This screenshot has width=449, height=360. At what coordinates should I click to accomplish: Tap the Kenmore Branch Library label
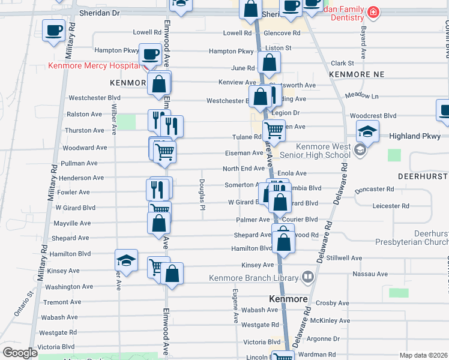[253, 278]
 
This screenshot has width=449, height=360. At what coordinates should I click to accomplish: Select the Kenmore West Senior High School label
[322, 151]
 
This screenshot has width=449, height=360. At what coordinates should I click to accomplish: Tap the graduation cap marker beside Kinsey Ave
[126, 260]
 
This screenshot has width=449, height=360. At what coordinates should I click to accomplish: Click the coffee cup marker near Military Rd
[53, 29]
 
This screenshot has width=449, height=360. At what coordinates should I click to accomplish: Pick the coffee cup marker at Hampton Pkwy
[150, 55]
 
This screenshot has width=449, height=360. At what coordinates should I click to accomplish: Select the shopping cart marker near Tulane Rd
[274, 129]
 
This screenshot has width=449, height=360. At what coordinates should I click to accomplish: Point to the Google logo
[20, 353]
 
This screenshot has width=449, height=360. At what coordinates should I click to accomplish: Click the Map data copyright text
[423, 355]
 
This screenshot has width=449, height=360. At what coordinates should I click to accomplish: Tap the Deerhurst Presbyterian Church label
[412, 238]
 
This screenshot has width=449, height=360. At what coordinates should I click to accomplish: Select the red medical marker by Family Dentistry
[373, 13]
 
